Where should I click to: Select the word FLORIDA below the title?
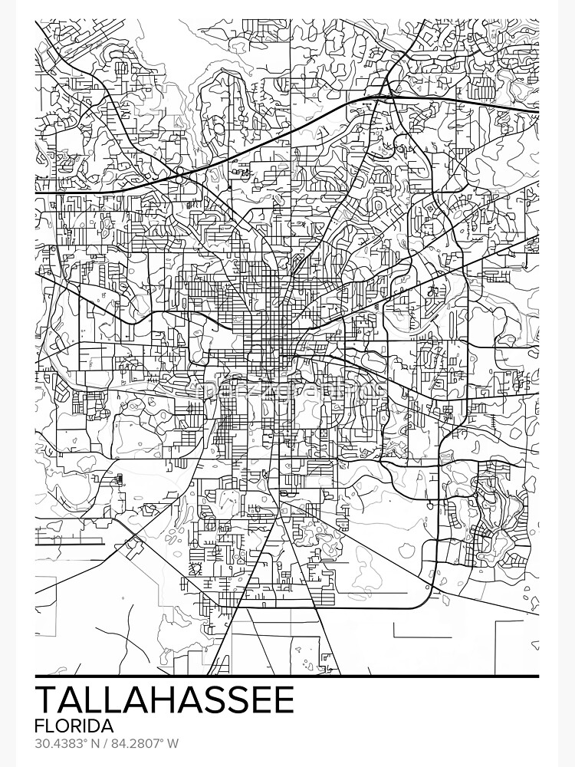point(74,725)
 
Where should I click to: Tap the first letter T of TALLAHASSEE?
point(48,700)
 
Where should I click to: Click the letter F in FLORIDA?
point(40,725)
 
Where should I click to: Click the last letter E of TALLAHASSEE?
point(281,700)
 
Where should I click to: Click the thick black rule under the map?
point(287,676)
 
